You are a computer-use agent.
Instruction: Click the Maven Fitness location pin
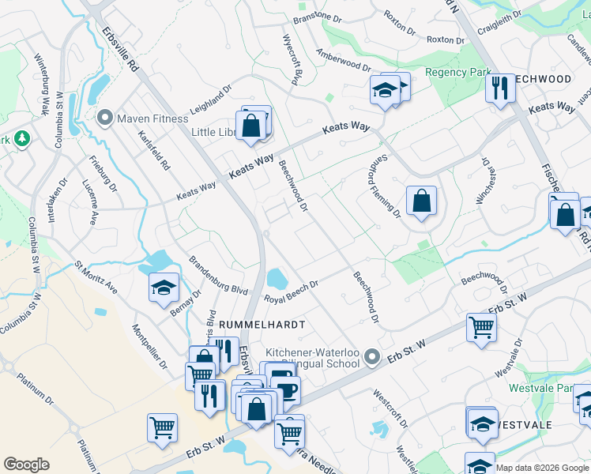click(x=104, y=119)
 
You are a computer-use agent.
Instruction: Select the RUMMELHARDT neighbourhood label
click(x=262, y=325)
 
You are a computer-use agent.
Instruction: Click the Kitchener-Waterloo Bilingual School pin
click(x=372, y=361)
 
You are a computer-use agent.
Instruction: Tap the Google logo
click(x=27, y=465)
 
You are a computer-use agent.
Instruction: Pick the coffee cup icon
click(x=285, y=389)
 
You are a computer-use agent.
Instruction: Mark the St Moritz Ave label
click(x=96, y=277)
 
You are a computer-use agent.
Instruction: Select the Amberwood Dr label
click(x=343, y=59)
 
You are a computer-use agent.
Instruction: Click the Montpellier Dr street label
click(x=149, y=347)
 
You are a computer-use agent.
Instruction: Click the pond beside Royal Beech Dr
click(x=277, y=278)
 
